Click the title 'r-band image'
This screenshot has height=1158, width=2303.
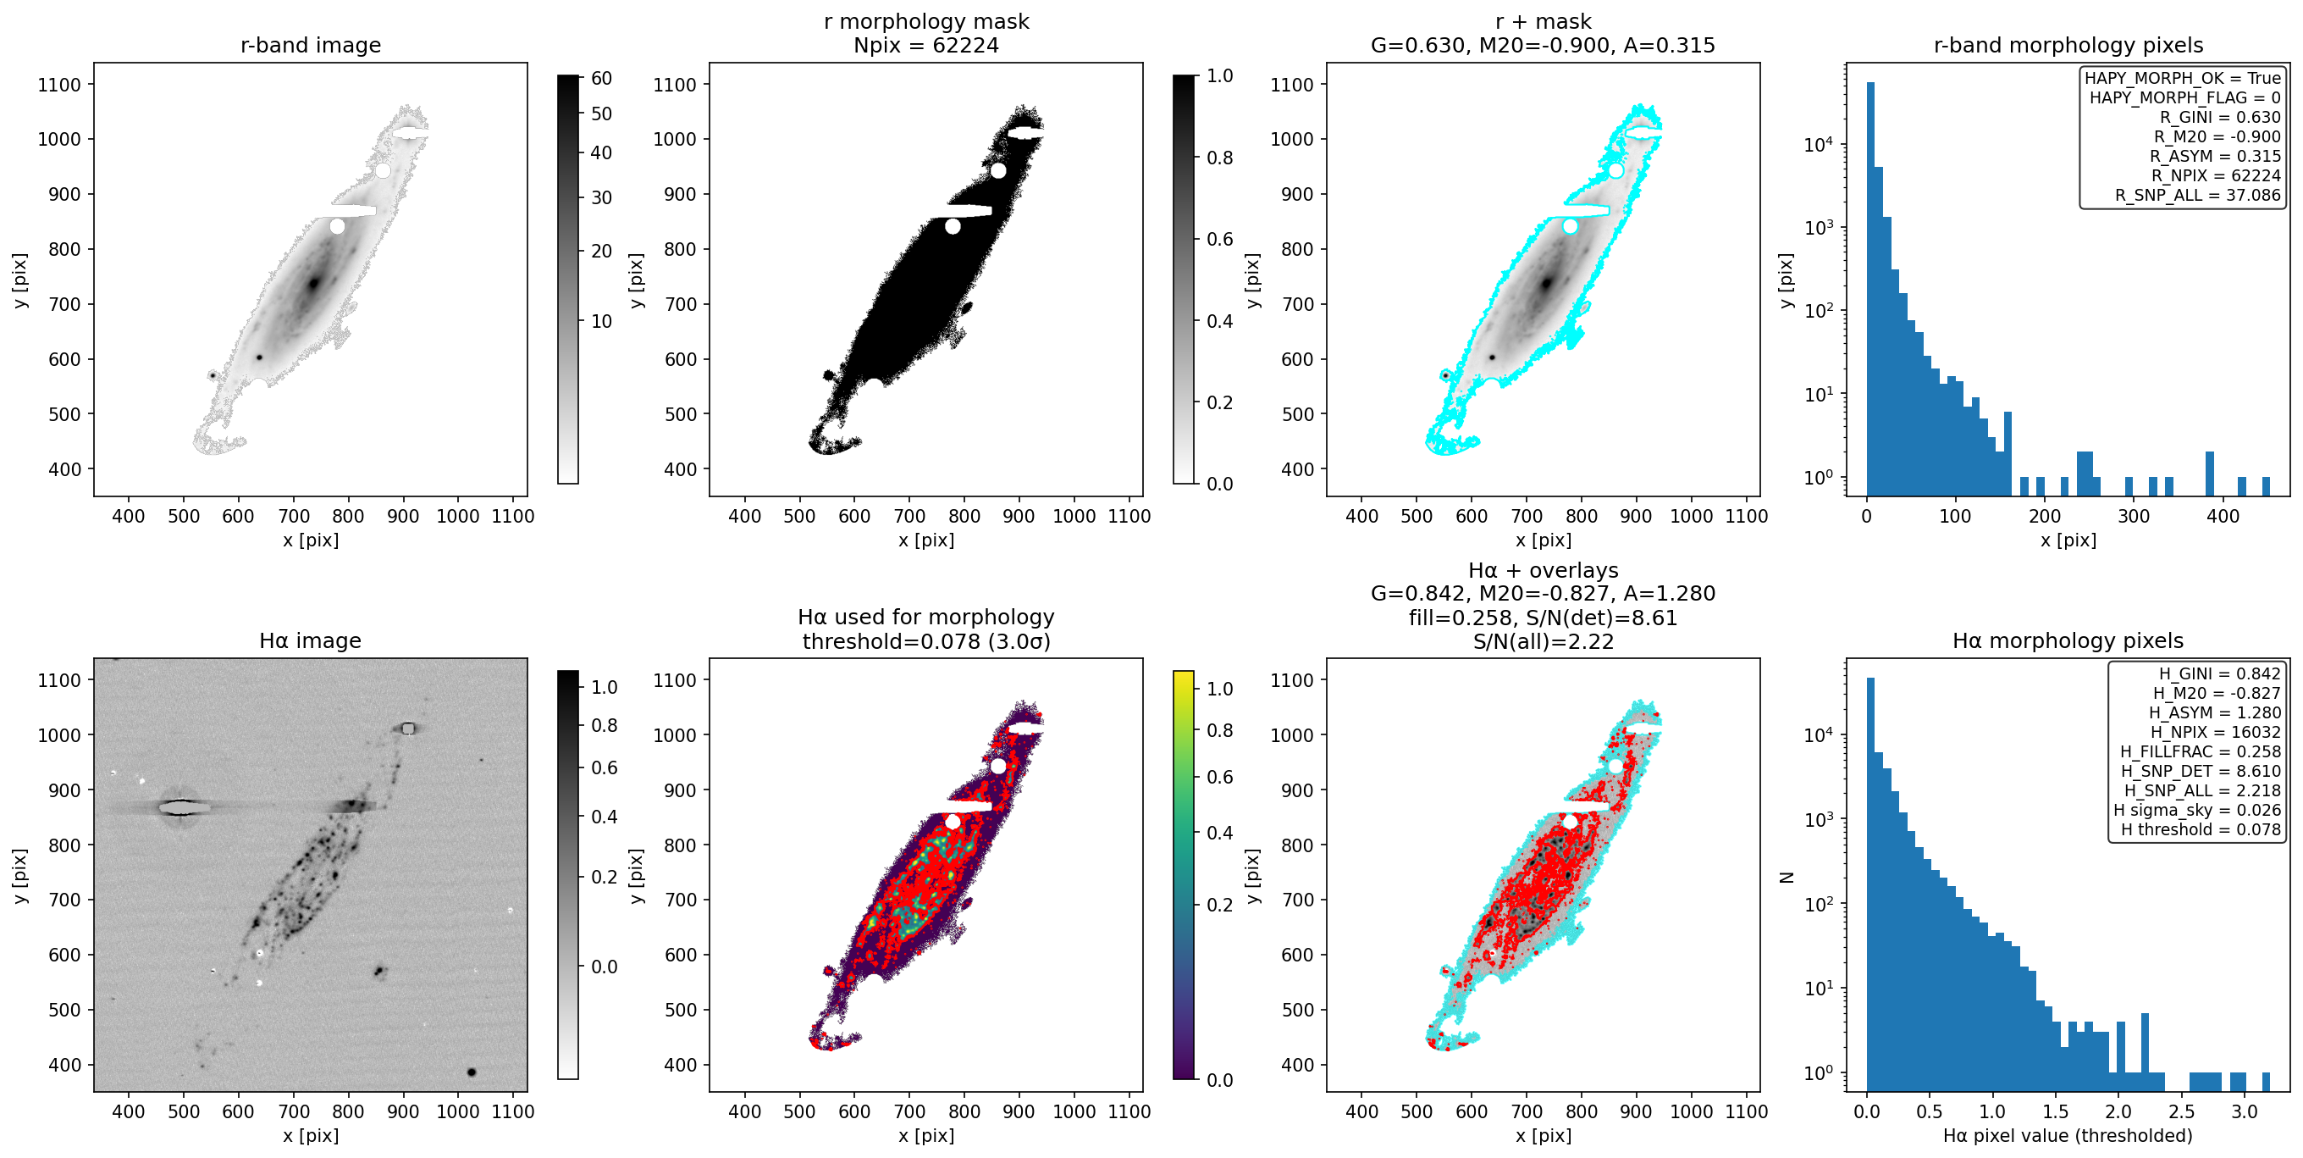click(310, 45)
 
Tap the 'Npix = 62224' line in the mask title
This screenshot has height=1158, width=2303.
click(925, 45)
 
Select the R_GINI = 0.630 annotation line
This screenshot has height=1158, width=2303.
click(2220, 117)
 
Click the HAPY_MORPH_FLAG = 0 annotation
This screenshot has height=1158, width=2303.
click(2184, 97)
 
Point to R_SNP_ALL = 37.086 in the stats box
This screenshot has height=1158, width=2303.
click(2197, 195)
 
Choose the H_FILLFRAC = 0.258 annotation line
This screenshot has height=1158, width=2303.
click(2201, 752)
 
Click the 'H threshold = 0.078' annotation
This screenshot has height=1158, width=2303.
click(2201, 830)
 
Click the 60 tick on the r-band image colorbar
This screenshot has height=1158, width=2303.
click(601, 79)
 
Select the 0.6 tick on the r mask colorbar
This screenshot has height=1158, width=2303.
click(1219, 239)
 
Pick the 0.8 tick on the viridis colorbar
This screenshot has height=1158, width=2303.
click(1219, 730)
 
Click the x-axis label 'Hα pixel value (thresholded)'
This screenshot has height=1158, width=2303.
click(2067, 1136)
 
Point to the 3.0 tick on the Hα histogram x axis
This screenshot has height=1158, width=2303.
click(2244, 1111)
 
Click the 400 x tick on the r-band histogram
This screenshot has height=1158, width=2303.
click(2223, 516)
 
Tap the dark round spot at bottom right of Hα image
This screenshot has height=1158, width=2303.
click(471, 1072)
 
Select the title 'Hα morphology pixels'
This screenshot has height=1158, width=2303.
click(2067, 640)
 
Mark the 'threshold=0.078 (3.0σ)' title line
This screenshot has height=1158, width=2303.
click(925, 641)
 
